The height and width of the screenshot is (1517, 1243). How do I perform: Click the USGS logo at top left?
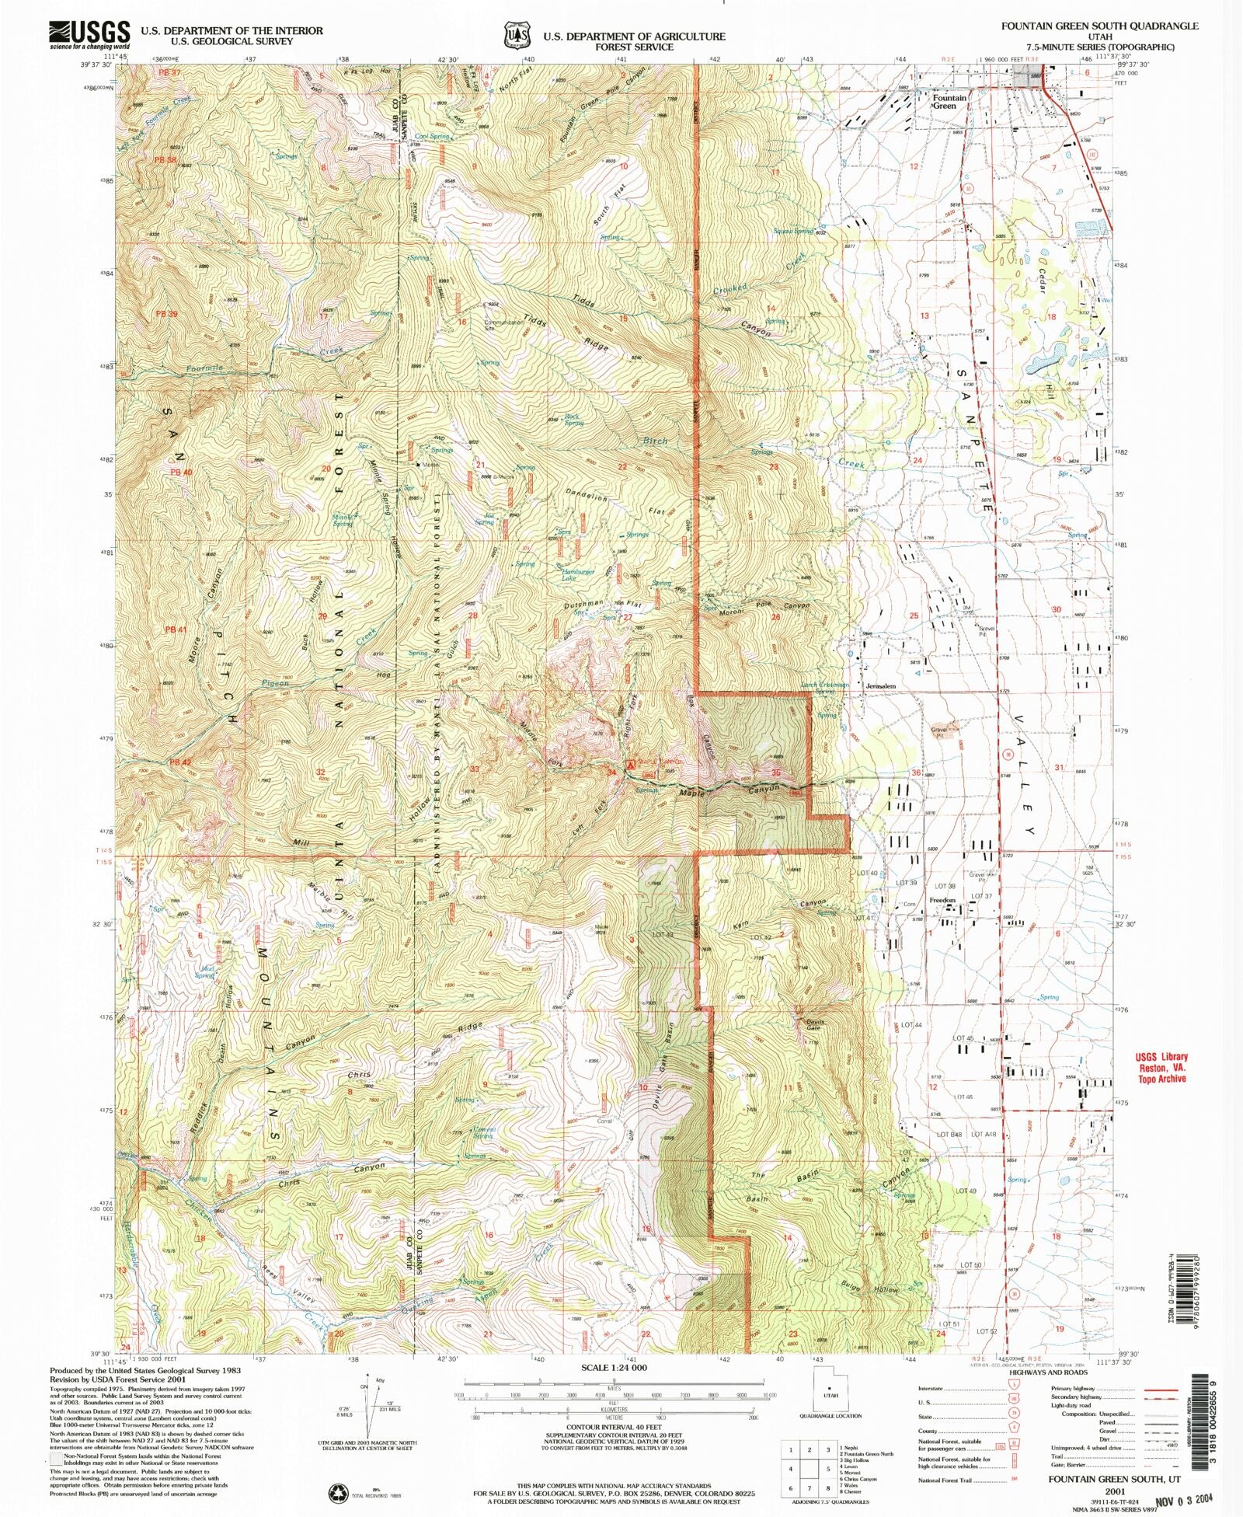89,34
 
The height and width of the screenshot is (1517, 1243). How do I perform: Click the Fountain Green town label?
949,102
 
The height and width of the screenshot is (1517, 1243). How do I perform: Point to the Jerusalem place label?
880,686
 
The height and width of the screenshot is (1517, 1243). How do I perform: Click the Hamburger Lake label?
578,575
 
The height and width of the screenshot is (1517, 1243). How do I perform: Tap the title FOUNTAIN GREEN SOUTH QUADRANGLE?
1099,26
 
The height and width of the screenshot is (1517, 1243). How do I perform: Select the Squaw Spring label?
792,231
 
